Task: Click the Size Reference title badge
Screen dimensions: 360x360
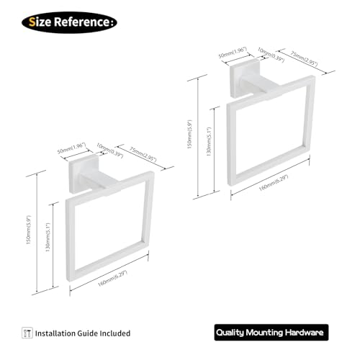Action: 69,22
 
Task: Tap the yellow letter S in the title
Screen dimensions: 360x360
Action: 32,22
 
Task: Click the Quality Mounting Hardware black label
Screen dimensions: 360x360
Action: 271,333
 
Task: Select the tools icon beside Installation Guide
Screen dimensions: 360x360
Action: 27,333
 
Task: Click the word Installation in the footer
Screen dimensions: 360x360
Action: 55,333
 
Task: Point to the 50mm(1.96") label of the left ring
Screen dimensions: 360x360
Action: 71,148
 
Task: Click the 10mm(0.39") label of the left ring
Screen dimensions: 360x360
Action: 109,150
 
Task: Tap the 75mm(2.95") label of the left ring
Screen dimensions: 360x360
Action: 143,154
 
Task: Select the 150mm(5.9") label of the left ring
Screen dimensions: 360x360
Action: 29,230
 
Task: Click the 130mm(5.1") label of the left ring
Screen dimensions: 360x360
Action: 48,237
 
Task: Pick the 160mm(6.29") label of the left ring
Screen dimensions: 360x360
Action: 112,279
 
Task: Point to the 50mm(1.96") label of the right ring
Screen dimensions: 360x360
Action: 233,53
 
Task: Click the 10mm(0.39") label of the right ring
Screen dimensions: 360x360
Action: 271,55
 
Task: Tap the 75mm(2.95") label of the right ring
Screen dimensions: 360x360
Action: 304,58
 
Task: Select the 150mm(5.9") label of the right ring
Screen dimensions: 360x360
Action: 189,134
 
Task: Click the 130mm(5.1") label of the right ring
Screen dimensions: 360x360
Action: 209,142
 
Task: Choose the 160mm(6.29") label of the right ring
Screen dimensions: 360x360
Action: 274,183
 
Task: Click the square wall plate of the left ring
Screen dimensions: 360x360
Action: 84,174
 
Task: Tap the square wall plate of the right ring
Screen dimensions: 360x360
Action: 244,78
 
